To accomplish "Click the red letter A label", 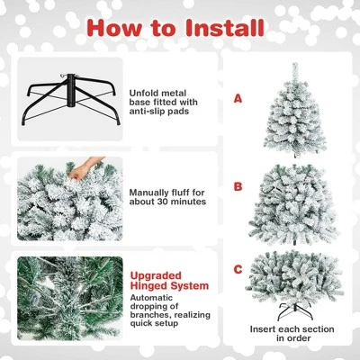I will (238, 98).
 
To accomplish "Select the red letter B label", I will (238, 187).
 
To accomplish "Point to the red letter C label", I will (238, 268).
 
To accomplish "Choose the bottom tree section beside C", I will (294, 274).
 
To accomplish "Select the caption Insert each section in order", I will (294, 333).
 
